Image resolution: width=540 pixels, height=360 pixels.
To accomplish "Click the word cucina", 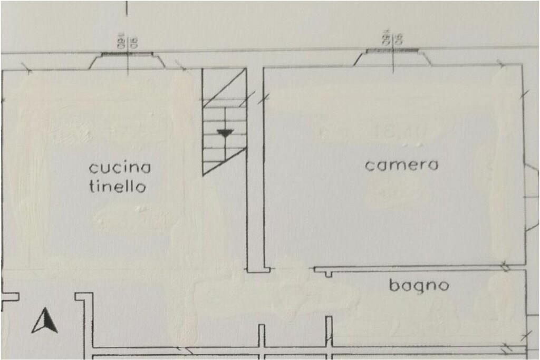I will point(120,168).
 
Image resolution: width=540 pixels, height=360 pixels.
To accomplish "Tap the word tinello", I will point(117,187).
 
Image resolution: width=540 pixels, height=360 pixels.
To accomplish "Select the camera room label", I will point(402,166).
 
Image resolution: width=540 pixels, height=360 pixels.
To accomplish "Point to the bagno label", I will point(419,286).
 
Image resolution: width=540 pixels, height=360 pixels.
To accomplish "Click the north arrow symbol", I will point(45,322).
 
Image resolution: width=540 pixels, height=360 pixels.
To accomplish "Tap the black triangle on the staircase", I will point(225,133).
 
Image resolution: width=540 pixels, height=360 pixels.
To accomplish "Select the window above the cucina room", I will point(127,54).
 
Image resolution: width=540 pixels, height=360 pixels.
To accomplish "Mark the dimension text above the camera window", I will point(392,38).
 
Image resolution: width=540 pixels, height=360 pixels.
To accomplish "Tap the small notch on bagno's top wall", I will point(329,273).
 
